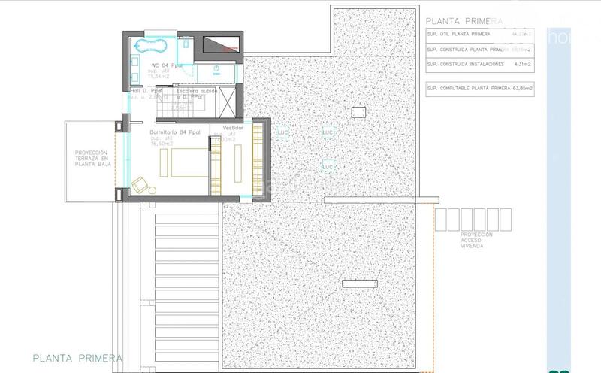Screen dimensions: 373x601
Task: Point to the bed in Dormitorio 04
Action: coord(189,162)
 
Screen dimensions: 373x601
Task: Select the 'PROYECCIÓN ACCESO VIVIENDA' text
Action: coord(476,239)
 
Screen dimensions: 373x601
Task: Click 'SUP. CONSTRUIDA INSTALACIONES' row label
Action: coord(464,65)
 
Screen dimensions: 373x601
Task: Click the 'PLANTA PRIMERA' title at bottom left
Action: coord(77,358)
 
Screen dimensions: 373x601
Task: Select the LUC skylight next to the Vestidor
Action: coord(282,132)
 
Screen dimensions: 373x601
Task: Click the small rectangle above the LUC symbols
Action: coord(359,111)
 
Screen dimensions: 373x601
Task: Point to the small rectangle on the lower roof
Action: coord(359,284)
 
